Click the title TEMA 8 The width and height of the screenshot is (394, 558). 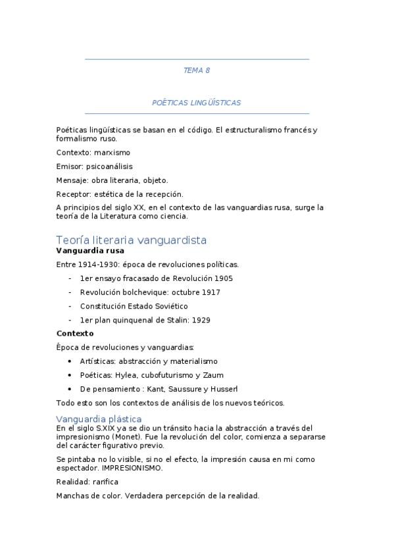point(197,70)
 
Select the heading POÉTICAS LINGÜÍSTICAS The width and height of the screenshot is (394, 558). point(197,103)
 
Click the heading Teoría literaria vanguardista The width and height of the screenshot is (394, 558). point(132,240)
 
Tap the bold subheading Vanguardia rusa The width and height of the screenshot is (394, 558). point(90,251)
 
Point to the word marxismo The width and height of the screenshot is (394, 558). point(112,153)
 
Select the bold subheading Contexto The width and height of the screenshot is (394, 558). point(75,334)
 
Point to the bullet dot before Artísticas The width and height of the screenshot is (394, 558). point(70,361)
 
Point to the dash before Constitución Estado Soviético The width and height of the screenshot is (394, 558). point(70,306)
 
